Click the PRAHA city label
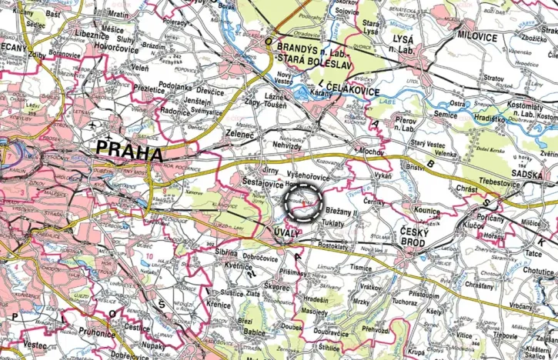(128, 151)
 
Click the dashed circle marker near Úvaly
(302, 202)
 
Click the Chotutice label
(538, 271)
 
